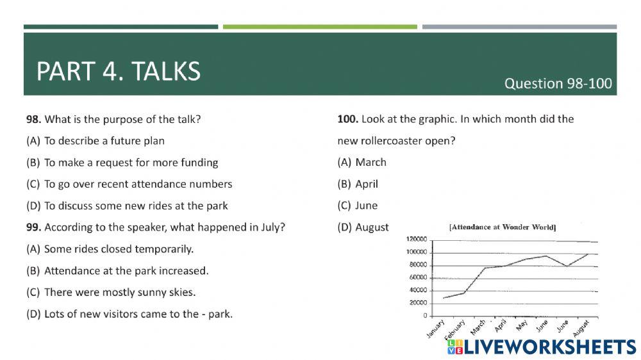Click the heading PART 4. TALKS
(x=119, y=71)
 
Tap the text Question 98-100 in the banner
(x=558, y=83)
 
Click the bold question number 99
(x=33, y=227)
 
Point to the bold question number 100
(x=347, y=119)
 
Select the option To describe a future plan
(x=96, y=141)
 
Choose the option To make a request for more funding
(x=122, y=163)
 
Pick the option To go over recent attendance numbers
(x=129, y=184)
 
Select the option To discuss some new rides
(x=127, y=206)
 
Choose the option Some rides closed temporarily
(x=110, y=249)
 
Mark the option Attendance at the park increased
(x=117, y=271)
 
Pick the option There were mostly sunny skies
(x=111, y=293)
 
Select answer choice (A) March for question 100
(x=362, y=162)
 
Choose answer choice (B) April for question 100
(x=358, y=184)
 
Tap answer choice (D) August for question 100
(x=363, y=227)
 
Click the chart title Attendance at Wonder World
(x=503, y=227)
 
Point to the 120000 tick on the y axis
(x=416, y=239)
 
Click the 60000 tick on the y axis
(x=418, y=277)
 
